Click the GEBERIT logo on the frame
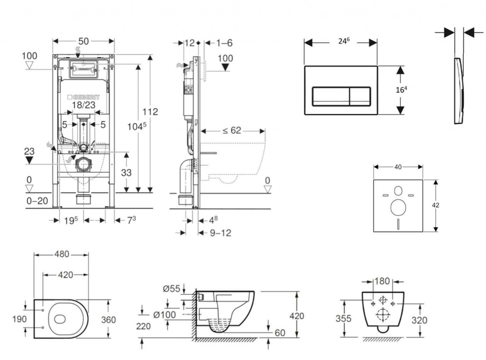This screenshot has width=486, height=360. tap(84, 96)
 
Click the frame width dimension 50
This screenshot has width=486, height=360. tap(84, 41)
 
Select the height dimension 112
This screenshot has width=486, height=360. tap(150, 112)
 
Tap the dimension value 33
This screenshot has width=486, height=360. tap(126, 173)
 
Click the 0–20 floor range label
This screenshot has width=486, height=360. tap(37, 201)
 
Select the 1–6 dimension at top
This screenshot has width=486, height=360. tap(224, 43)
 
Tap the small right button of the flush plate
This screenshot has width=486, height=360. tap(360, 96)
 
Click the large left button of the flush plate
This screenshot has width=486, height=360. tap(330, 96)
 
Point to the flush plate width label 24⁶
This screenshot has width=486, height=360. tap(344, 41)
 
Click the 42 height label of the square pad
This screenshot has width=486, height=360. tap(436, 205)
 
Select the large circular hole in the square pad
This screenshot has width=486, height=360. tap(398, 207)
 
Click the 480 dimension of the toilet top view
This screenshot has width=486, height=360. tap(61, 254)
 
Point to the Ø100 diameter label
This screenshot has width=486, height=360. tap(165, 314)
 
